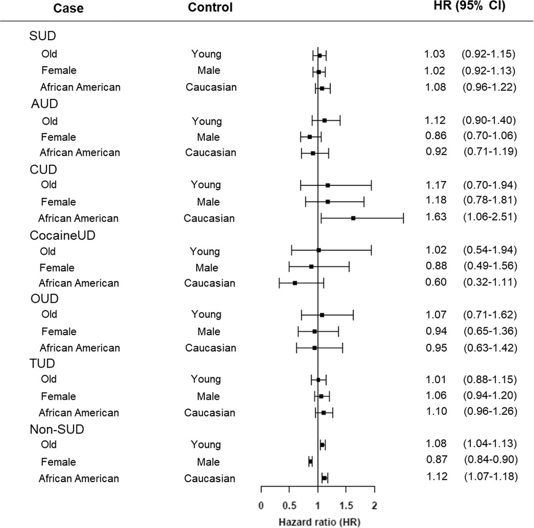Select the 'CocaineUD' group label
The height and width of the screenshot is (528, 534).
[x=66, y=235]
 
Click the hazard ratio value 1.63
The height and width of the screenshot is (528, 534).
[x=435, y=216]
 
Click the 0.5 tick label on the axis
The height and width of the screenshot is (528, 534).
[x=289, y=505]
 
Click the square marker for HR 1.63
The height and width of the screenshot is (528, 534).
[x=354, y=218]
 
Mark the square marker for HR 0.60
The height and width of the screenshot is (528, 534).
[x=295, y=283]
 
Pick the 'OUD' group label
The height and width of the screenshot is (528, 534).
[x=44, y=299]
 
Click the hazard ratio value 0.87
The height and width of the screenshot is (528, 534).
[x=435, y=461]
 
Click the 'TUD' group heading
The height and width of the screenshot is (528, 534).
[x=43, y=364]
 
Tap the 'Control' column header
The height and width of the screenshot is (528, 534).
[x=210, y=7]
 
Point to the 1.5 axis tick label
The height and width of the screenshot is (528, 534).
[x=346, y=505]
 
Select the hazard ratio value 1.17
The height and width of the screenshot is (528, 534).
[x=435, y=184]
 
